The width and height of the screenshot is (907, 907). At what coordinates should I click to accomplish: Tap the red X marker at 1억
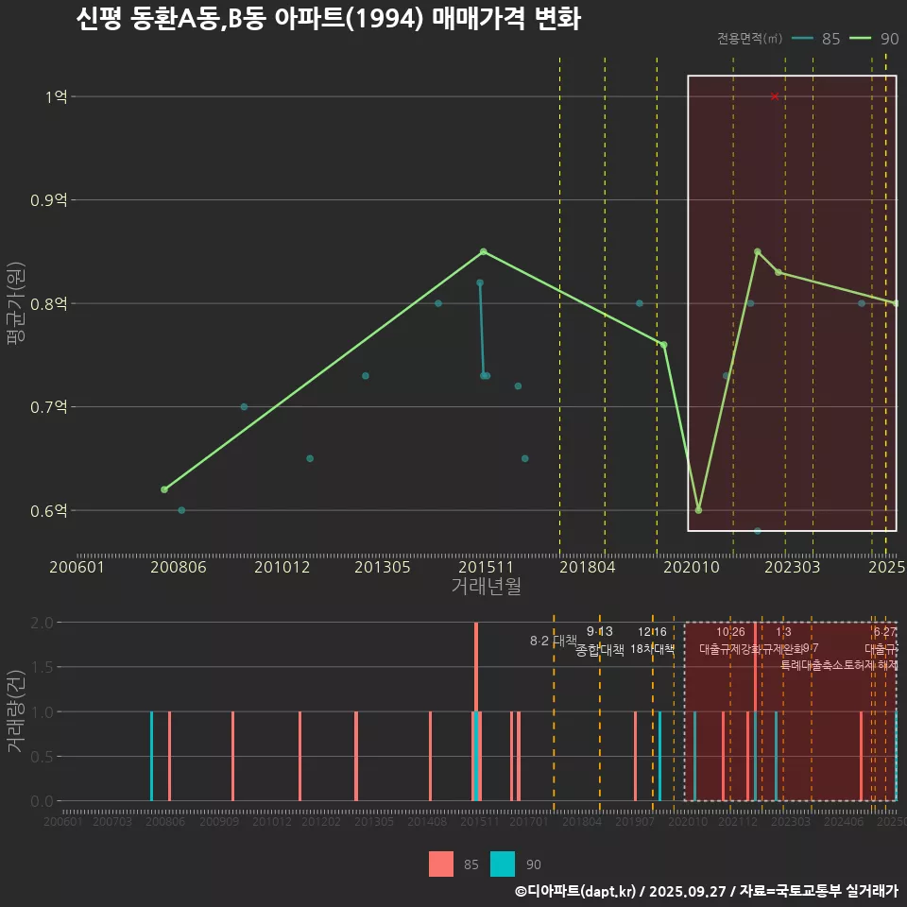point(775,96)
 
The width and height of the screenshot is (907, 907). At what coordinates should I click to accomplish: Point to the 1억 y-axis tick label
point(58,96)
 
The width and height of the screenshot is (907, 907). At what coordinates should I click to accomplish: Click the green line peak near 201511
point(483,251)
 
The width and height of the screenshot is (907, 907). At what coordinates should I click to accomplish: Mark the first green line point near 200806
point(164,489)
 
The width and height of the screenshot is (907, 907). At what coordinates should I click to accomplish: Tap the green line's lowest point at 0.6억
point(698,510)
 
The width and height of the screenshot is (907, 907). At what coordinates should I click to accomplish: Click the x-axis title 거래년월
point(486,587)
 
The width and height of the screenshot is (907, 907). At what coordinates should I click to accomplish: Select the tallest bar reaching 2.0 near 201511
point(476,710)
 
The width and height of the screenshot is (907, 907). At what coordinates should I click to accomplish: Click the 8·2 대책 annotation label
point(553,641)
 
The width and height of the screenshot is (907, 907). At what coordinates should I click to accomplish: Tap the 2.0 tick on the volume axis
point(42,623)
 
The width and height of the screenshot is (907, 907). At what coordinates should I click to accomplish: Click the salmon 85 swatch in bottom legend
point(441,864)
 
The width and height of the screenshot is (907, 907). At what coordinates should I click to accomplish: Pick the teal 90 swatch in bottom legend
point(503,864)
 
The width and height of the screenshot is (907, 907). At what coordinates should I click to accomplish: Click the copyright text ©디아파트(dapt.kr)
point(575,891)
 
